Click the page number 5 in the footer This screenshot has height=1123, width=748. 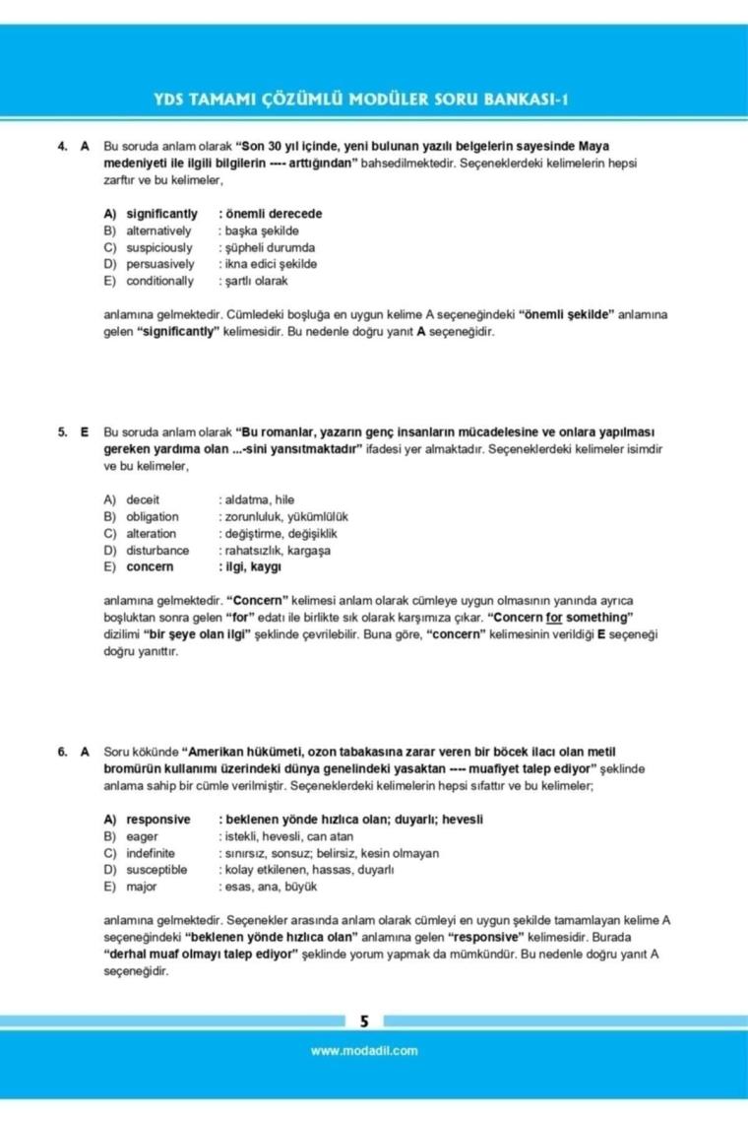(364, 1022)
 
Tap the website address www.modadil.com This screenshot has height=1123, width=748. (363, 1050)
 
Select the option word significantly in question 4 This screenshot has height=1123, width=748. (161, 214)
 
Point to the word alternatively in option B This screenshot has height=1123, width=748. (158, 231)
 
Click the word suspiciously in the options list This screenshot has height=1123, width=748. (159, 247)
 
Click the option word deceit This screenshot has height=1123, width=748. (143, 499)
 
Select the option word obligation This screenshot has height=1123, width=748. (153, 516)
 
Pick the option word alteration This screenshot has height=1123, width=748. (151, 533)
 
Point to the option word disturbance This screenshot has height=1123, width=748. (157, 550)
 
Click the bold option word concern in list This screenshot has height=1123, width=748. (149, 566)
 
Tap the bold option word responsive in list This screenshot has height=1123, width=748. (157, 820)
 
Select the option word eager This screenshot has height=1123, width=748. (142, 836)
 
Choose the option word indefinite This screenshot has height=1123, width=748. (151, 853)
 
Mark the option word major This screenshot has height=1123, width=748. (141, 887)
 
